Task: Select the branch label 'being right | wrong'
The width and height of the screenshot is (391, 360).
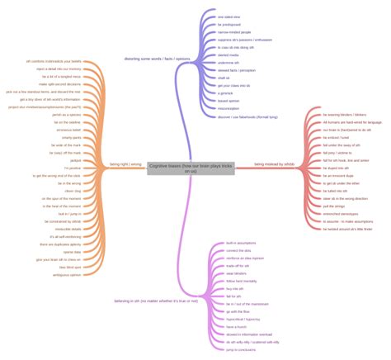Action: click(x=125, y=164)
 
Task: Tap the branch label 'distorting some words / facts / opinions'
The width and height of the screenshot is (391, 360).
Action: click(x=156, y=59)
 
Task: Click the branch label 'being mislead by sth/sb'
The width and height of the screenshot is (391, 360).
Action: click(x=274, y=164)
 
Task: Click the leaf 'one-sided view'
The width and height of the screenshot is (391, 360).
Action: click(x=228, y=17)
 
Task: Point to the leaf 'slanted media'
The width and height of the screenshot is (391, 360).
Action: click(x=228, y=55)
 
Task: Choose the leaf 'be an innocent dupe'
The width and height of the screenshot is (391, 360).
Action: click(x=338, y=176)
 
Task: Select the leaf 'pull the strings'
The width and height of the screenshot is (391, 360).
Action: click(x=334, y=206)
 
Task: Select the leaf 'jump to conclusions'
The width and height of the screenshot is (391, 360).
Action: click(x=241, y=350)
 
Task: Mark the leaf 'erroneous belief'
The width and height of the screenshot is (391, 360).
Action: click(x=69, y=130)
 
